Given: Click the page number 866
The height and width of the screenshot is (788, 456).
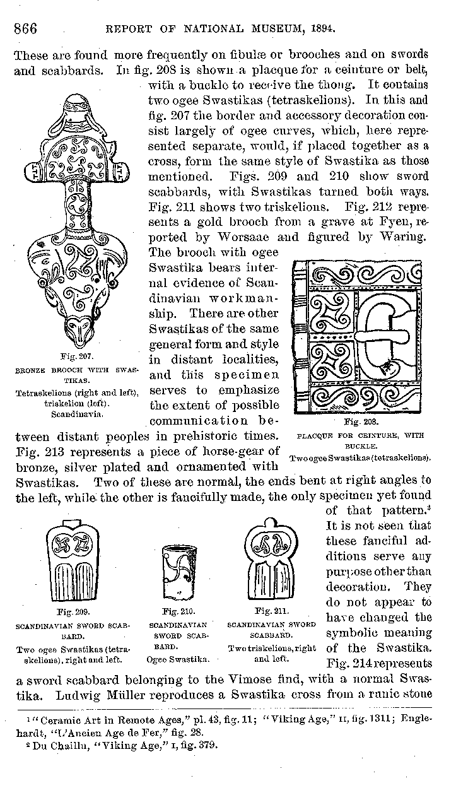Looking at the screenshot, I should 25,28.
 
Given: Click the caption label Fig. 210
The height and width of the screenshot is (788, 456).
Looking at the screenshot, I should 178,611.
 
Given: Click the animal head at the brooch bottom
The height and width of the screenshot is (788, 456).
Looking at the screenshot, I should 77,330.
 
